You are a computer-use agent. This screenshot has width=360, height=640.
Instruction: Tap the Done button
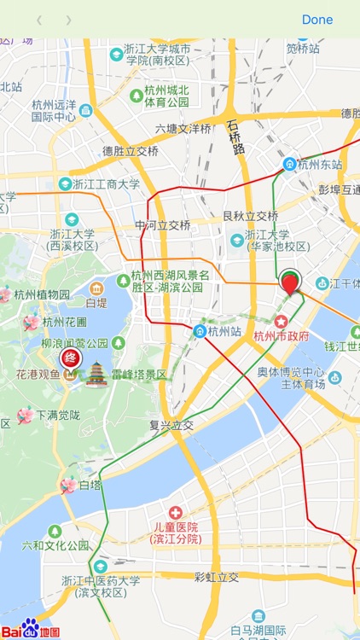pyautogui.click(x=317, y=20)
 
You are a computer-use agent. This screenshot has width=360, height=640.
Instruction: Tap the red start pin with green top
pyautogui.click(x=291, y=281)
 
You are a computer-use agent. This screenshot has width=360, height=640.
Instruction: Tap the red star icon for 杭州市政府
pyautogui.click(x=280, y=321)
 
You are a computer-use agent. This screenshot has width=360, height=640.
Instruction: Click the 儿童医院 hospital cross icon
pyautogui.click(x=176, y=512)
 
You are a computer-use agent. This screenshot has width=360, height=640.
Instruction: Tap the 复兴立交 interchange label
pyautogui.click(x=171, y=424)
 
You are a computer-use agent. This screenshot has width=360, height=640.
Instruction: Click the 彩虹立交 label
pyautogui.click(x=217, y=578)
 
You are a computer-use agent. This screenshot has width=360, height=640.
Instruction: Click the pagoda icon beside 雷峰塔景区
pyautogui.click(x=96, y=373)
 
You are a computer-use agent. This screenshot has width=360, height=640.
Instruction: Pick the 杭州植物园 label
pyautogui.click(x=42, y=294)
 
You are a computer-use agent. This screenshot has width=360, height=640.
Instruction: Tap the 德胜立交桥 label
pyautogui.click(x=131, y=151)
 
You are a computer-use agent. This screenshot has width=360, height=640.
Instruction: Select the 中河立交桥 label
pyautogui.click(x=162, y=225)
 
